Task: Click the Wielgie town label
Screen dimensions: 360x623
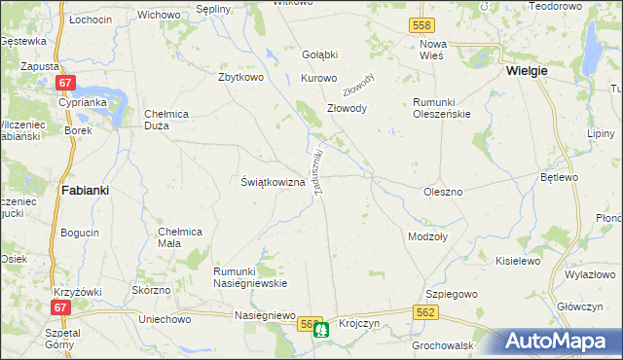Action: pyautogui.click(x=527, y=71)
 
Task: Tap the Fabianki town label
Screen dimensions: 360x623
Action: pyautogui.click(x=84, y=191)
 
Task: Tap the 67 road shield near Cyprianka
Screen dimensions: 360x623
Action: pyautogui.click(x=65, y=85)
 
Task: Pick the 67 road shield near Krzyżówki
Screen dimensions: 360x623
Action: pyautogui.click(x=60, y=306)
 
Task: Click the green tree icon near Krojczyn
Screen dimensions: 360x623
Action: pyautogui.click(x=322, y=330)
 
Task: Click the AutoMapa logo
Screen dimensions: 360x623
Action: pyautogui.click(x=557, y=341)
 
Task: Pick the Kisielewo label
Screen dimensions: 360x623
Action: pyautogui.click(x=518, y=261)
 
